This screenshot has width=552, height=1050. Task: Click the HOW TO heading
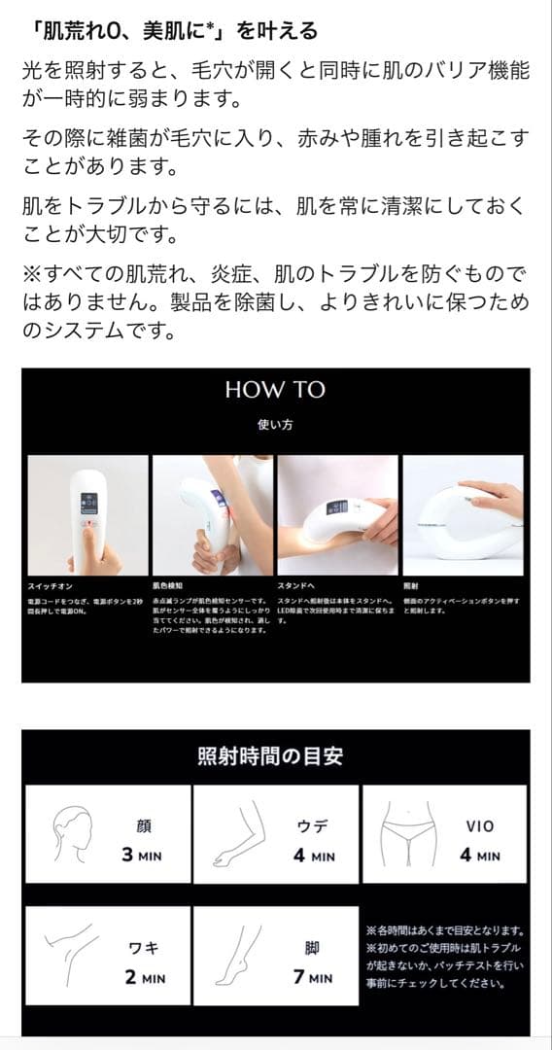pyautogui.click(x=275, y=390)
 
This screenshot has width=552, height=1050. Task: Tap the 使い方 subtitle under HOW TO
pyautogui.click(x=275, y=425)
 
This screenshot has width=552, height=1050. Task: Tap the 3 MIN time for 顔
pyautogui.click(x=141, y=857)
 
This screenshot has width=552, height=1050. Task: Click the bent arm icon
pyautogui.click(x=238, y=833)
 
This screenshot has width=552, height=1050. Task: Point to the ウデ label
pyautogui.click(x=313, y=826)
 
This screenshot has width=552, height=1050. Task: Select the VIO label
pyautogui.click(x=480, y=826)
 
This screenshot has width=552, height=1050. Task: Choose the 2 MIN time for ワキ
pyautogui.click(x=144, y=977)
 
